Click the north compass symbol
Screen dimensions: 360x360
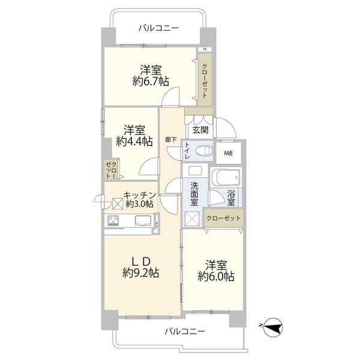[x=273, y=328]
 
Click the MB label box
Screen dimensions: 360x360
[x=229, y=153]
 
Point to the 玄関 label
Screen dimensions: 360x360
[x=200, y=130]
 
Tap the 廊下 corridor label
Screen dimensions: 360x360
[x=171, y=139]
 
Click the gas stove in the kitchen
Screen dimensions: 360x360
[x=113, y=221]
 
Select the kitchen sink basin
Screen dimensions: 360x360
[x=144, y=221]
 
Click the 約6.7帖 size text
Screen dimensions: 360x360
[x=151, y=82]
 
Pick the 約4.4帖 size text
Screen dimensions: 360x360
[x=134, y=142]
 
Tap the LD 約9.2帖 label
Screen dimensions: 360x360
[x=141, y=267]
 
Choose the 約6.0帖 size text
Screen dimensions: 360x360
[x=216, y=277]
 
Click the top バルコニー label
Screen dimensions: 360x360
[x=158, y=28]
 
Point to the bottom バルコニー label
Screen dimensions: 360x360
[x=185, y=332]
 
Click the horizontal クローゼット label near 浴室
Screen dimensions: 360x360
[x=223, y=218]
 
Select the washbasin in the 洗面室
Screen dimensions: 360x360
[x=195, y=170]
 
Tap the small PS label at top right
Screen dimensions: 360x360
[x=205, y=49]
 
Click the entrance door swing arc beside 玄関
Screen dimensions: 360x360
[x=226, y=128]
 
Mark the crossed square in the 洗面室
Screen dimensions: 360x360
[x=192, y=218]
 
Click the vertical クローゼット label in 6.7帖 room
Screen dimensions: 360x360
[x=205, y=81]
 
